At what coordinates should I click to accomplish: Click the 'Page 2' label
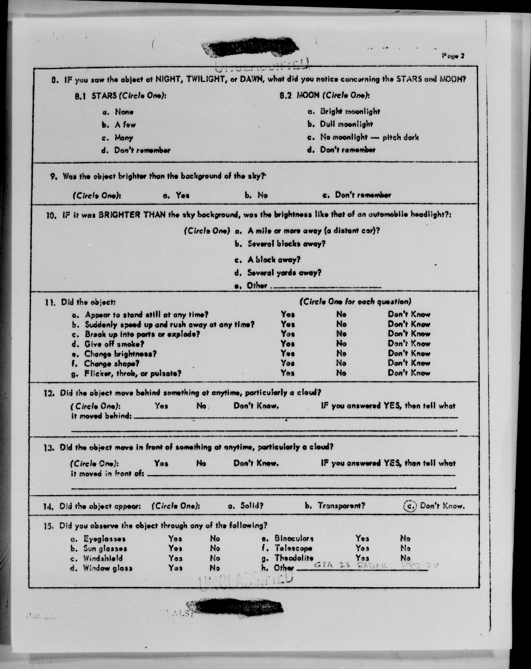pyautogui.click(x=453, y=56)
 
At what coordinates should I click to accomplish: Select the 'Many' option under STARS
pyautogui.click(x=124, y=137)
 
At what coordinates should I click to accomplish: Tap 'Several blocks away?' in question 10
pyautogui.click(x=286, y=244)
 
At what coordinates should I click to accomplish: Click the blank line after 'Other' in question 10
pyautogui.click(x=326, y=287)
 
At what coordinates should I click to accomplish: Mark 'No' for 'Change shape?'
pyautogui.click(x=341, y=363)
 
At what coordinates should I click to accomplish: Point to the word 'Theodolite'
pyautogui.click(x=294, y=558)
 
